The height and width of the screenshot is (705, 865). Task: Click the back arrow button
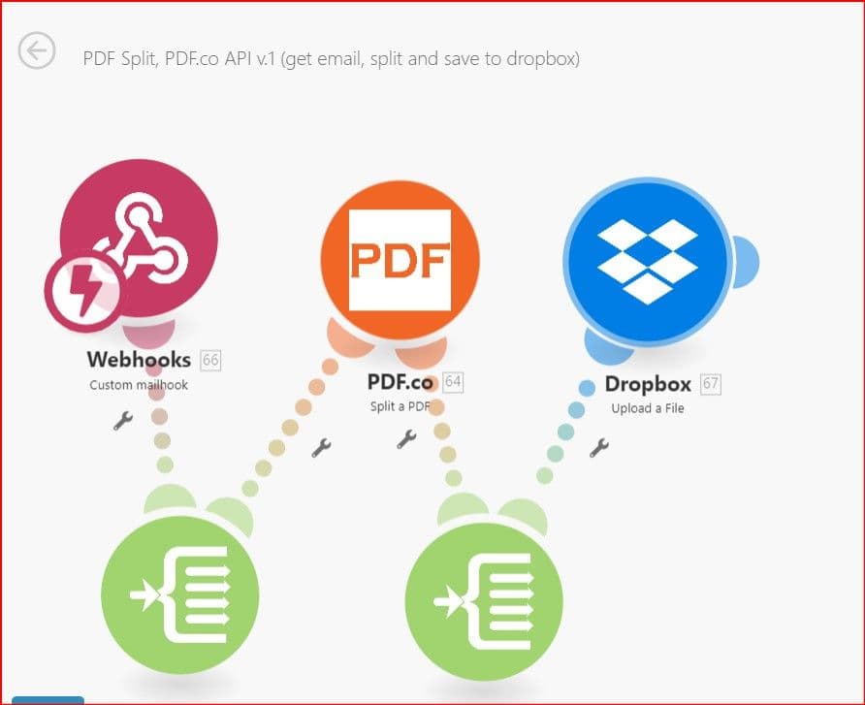click(37, 50)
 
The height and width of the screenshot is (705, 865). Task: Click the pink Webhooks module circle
click(139, 238)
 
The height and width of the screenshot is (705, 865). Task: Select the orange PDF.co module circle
click(400, 260)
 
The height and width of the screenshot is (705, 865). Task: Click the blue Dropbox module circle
click(648, 262)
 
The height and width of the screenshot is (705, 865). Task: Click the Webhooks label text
click(139, 360)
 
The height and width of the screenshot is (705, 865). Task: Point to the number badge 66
click(210, 360)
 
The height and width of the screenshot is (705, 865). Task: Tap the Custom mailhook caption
click(139, 385)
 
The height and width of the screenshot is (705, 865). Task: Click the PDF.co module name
click(400, 381)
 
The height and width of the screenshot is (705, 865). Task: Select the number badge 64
click(453, 382)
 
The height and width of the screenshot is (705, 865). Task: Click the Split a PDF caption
click(400, 406)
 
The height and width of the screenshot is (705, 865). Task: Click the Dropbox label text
click(648, 384)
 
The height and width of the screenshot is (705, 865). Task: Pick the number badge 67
click(711, 384)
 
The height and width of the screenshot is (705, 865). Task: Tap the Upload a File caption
click(648, 408)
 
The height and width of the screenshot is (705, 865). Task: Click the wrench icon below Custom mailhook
click(123, 420)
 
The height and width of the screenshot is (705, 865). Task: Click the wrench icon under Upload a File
click(599, 447)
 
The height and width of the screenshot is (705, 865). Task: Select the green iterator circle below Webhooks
click(179, 594)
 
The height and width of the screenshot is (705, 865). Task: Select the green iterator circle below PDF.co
click(484, 601)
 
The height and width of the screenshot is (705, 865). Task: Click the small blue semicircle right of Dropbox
click(747, 262)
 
